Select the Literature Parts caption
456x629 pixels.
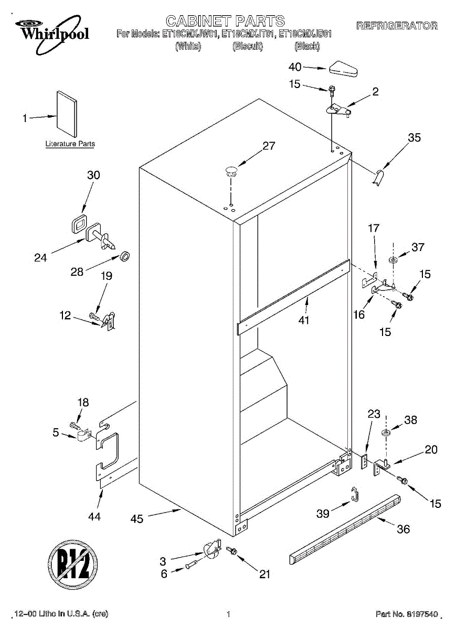(x=70, y=144)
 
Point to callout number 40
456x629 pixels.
(x=295, y=67)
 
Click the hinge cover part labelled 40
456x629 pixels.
(x=343, y=69)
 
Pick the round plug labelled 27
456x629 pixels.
(x=231, y=169)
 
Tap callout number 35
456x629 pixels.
(x=414, y=138)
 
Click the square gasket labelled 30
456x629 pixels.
(x=79, y=223)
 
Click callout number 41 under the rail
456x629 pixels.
(x=304, y=320)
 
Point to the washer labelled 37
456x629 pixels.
(x=393, y=260)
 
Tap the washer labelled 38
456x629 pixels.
(x=386, y=433)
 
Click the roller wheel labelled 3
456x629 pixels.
(x=211, y=549)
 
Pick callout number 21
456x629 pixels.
(x=264, y=574)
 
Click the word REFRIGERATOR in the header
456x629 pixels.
(x=397, y=26)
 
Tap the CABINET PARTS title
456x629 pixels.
(x=225, y=21)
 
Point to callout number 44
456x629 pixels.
(x=94, y=516)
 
